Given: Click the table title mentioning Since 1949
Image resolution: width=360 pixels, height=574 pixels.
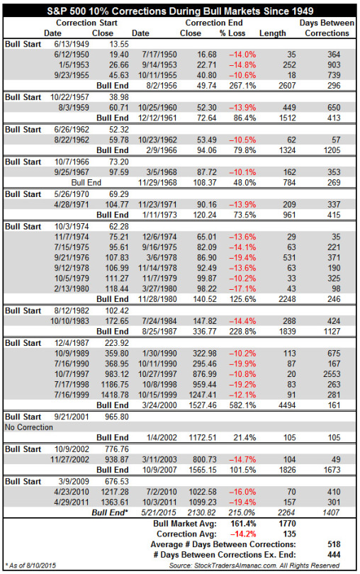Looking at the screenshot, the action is pos(180,11).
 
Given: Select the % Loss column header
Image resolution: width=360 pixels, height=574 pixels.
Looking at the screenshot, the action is pos(232,33).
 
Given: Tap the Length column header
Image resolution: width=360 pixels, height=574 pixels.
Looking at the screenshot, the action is pos(272,33).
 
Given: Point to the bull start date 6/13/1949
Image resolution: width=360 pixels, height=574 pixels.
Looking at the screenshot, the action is pos(72,45).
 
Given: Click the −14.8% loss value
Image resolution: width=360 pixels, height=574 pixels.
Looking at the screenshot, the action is pos(242,64).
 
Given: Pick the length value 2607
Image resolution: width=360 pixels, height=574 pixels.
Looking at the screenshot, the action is pos(287,86).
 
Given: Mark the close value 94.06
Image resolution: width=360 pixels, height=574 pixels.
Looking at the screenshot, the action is pos(205,150).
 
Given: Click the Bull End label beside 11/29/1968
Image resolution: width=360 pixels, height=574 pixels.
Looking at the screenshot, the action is pos(86,183).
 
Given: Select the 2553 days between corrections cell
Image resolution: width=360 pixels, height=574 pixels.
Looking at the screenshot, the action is pos(332,374).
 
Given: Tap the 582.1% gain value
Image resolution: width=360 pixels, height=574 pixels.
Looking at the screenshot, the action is pos(242,405).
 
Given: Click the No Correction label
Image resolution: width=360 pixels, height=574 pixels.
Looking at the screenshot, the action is pos(29,427).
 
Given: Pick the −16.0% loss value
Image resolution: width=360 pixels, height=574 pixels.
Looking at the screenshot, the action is pos(242,492).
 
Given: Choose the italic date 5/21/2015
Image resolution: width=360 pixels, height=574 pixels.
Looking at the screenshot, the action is pos(159,512).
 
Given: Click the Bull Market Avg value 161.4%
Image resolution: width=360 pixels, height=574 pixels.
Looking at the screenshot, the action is pos(243,524).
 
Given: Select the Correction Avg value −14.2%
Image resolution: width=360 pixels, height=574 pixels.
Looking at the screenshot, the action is pos(242,534).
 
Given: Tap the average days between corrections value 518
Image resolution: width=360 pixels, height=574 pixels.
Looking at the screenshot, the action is pos(334,544).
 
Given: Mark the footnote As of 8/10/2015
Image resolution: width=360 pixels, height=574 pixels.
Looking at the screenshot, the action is pos(30,565).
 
